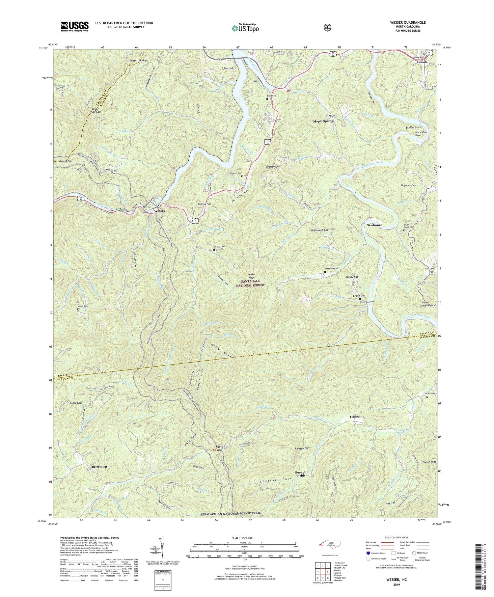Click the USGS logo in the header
(74, 26)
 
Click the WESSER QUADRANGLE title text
(408, 22)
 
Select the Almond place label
(227, 68)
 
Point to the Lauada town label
(422, 62)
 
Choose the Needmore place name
(374, 225)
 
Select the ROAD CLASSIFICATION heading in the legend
(394, 537)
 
